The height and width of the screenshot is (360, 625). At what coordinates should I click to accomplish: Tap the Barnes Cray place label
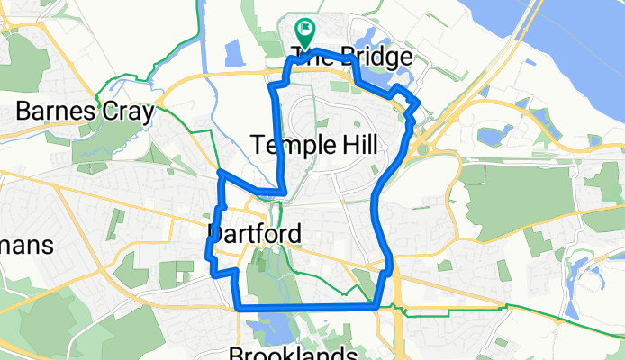pyautogui.click(x=86, y=112)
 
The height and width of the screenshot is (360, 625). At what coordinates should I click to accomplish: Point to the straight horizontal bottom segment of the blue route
pyautogui.click(x=306, y=309)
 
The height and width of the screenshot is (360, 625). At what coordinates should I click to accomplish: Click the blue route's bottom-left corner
pyautogui.click(x=238, y=308)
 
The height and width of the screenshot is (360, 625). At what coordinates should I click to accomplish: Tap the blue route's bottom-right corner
pyautogui.click(x=376, y=308)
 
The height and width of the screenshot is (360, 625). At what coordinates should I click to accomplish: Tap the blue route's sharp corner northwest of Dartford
pyautogui.click(x=220, y=172)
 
